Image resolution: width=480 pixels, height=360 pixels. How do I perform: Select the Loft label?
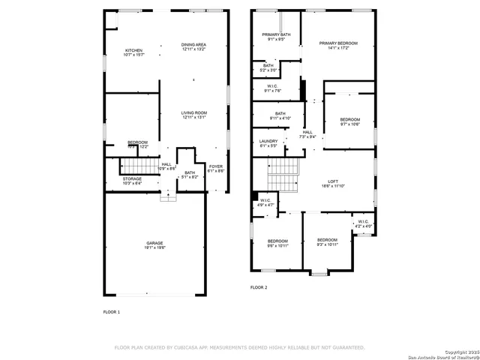coord(334,182)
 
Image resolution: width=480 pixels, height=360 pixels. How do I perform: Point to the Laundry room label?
coord(268,143)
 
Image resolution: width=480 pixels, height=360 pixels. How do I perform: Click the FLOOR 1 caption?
coord(111,311)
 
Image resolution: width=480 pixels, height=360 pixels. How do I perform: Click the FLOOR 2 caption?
coord(259,287)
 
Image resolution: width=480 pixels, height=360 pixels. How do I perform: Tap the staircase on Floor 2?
coord(283,178)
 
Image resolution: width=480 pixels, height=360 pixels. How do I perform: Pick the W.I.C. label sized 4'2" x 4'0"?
coord(363,223)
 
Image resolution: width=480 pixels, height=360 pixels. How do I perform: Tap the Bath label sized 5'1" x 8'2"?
coord(190,175)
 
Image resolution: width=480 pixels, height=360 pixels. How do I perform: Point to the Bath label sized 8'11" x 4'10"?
coord(280,115)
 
